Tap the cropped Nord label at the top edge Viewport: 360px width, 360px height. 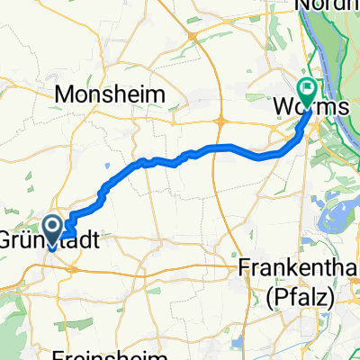click(327, 5)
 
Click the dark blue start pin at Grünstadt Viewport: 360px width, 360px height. click(53, 229)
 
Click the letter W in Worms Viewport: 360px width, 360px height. click(280, 107)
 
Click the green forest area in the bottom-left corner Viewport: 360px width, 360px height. click(13, 310)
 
